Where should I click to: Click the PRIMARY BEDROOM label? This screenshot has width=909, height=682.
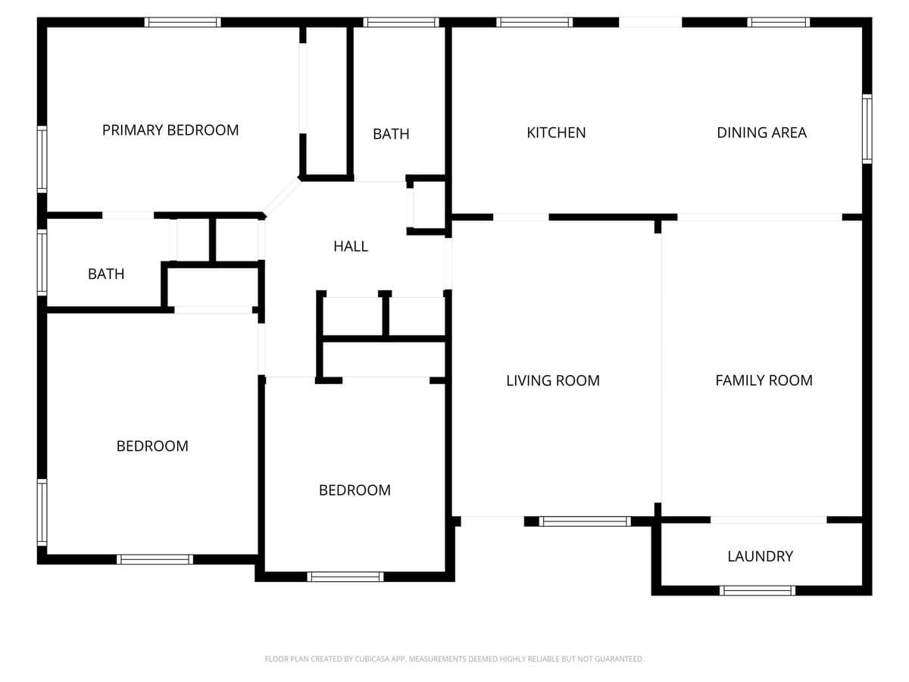(x=170, y=130)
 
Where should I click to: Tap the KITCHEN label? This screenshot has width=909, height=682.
(x=556, y=133)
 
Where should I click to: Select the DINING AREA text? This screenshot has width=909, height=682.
(x=761, y=133)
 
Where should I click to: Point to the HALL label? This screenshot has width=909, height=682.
(x=351, y=246)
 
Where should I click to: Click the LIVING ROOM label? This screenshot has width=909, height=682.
(x=553, y=380)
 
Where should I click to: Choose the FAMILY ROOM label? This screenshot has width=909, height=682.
(x=764, y=380)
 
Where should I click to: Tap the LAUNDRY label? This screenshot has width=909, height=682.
(x=761, y=556)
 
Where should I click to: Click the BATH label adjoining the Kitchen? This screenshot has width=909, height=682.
(x=391, y=134)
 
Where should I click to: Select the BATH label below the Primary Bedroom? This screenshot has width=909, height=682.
(x=106, y=274)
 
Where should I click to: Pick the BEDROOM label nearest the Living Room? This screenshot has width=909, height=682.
(x=355, y=490)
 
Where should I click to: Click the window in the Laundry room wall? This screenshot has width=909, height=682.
(x=757, y=590)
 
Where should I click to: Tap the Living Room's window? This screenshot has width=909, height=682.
(x=585, y=521)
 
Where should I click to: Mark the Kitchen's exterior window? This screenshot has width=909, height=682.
(x=535, y=23)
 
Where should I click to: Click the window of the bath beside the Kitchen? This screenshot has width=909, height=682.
(x=401, y=23)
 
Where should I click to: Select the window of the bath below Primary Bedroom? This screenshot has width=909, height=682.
(x=42, y=262)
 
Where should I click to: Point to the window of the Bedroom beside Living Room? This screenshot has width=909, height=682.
(x=345, y=577)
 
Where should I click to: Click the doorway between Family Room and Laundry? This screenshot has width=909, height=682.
(x=769, y=520)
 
